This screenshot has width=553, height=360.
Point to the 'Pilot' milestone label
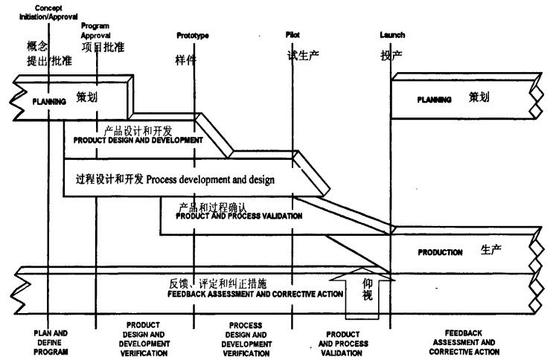pyautogui.click(x=293, y=35)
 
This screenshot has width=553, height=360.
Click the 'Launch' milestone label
pyautogui.click(x=391, y=35)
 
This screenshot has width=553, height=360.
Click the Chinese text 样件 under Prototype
pyautogui.click(x=186, y=60)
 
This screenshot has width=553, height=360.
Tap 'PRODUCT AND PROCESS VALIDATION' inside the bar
pyautogui.click(x=239, y=216)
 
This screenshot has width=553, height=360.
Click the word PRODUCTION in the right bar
pyautogui.click(x=440, y=251)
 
